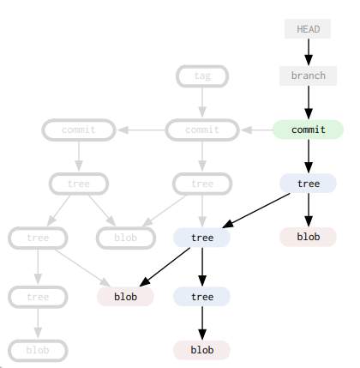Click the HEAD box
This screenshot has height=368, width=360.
click(308, 29)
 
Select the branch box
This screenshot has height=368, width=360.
click(308, 75)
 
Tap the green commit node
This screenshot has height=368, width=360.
click(308, 130)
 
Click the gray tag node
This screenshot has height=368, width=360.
click(202, 75)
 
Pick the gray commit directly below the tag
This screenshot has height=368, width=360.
click(202, 130)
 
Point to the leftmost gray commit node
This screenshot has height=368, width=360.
click(79, 130)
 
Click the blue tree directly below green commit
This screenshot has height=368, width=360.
click(308, 184)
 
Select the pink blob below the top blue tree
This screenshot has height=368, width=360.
click(308, 237)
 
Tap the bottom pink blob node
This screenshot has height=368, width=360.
click(202, 350)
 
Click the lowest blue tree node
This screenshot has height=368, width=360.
click(202, 297)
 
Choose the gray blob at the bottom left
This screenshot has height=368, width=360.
click(38, 350)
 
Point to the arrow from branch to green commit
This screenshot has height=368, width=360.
click(308, 102)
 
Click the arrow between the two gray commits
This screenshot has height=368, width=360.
click(141, 130)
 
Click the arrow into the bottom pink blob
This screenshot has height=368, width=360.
click(202, 323)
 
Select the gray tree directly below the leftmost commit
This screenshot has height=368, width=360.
click(79, 184)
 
